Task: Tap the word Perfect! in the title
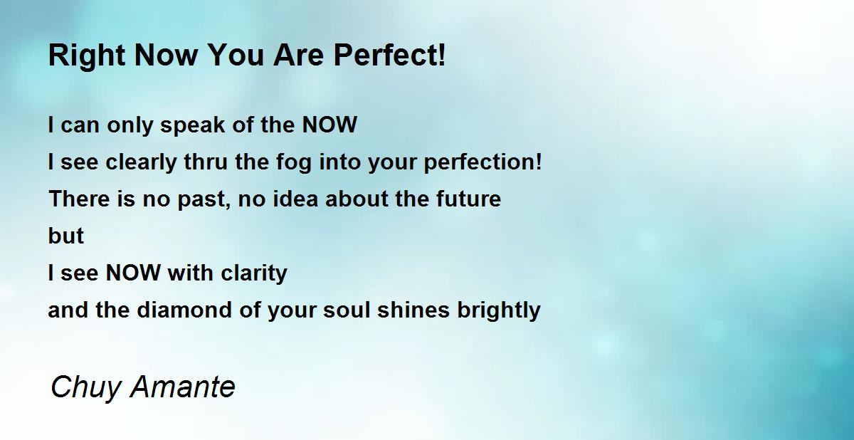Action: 389,55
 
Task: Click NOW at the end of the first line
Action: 330,125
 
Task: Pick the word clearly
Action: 141,163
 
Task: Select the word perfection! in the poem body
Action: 483,163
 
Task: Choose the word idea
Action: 295,199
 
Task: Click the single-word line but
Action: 66,236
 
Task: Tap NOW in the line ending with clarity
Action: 133,273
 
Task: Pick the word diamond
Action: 184,310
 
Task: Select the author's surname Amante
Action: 183,387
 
